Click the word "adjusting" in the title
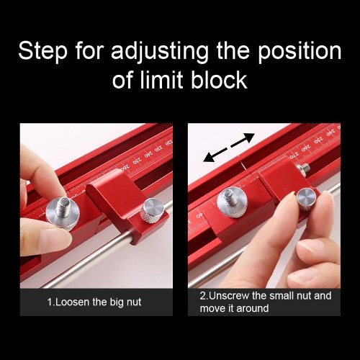(160, 51)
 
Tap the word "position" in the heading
(300, 51)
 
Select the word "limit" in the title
(161, 79)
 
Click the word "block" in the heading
(219, 79)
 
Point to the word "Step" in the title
(42, 51)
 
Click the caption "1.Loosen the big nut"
(94, 302)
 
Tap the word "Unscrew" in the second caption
(229, 296)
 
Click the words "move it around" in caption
(234, 308)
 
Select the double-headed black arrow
(228, 148)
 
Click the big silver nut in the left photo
(63, 215)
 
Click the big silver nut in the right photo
(232, 202)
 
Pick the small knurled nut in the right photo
(307, 199)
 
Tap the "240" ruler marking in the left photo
(148, 154)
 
